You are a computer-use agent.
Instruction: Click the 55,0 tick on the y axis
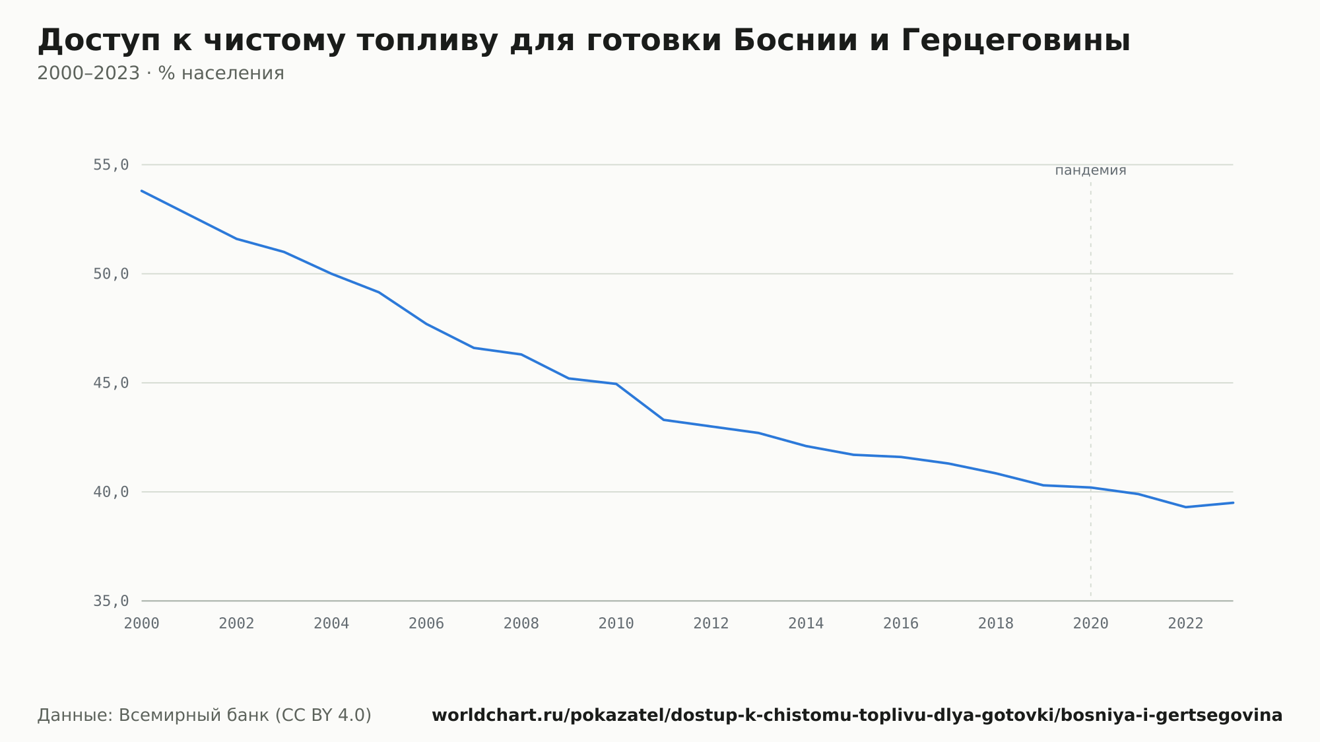tap(111, 165)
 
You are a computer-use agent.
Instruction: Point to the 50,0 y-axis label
tap(111, 274)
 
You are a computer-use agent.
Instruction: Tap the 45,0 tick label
tap(111, 383)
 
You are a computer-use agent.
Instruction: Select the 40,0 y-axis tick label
tap(111, 492)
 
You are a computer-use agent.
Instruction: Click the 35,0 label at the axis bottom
tap(111, 601)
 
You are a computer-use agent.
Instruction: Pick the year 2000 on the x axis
tap(142, 624)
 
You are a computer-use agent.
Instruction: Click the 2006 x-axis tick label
tap(426, 624)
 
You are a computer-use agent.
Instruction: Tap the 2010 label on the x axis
tap(616, 624)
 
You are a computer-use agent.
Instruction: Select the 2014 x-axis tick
tap(806, 624)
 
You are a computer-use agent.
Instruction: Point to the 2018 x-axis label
tap(996, 624)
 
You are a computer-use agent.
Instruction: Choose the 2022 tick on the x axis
tap(1186, 624)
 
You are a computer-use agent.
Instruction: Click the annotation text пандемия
tap(1090, 170)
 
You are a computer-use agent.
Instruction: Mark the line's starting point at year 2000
tap(142, 191)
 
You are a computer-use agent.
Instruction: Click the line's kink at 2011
tap(664, 420)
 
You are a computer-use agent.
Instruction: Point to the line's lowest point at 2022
tap(1186, 507)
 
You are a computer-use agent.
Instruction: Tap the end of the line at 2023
tap(1233, 502)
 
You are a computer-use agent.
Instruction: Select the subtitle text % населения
tap(221, 73)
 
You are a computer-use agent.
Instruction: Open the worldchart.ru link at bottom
tap(857, 716)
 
